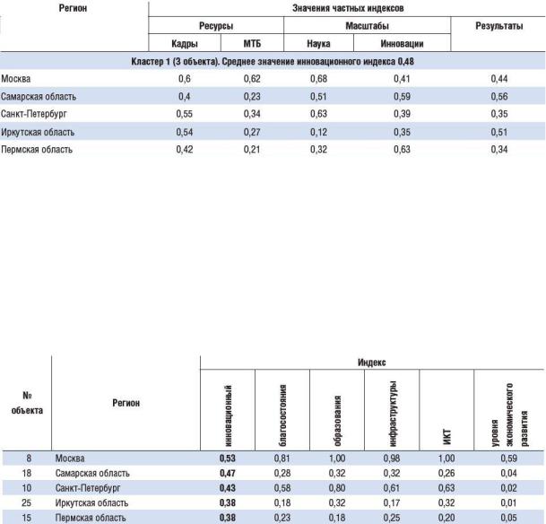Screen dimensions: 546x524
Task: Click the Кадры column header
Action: click(x=185, y=44)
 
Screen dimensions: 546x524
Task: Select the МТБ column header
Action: click(x=252, y=44)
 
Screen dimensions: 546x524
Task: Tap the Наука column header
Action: click(x=318, y=44)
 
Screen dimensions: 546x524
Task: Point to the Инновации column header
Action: click(x=402, y=44)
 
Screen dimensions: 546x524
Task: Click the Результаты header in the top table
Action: click(x=499, y=26)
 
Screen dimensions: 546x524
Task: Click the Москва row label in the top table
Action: click(x=15, y=79)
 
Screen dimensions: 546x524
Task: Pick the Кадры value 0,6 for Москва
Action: click(x=184, y=79)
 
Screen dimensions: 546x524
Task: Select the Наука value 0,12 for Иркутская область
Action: click(x=318, y=132)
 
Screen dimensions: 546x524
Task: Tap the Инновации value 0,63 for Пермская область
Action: click(x=402, y=150)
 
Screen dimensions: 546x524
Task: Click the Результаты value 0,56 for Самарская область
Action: click(x=499, y=97)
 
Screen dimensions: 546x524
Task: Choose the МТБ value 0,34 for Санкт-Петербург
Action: click(x=252, y=114)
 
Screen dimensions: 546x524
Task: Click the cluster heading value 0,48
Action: click(x=405, y=62)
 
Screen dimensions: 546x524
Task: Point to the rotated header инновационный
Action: click(x=228, y=415)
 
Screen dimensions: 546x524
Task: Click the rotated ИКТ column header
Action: click(x=446, y=437)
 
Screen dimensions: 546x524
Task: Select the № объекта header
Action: click(x=27, y=403)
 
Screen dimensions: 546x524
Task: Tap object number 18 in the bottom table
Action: click(x=27, y=473)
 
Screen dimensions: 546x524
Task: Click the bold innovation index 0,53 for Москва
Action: click(x=228, y=458)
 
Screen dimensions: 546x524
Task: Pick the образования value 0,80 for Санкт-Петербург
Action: click(x=337, y=488)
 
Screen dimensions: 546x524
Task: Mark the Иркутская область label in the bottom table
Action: click(x=91, y=502)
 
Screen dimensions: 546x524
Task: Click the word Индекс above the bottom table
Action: click(x=371, y=362)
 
